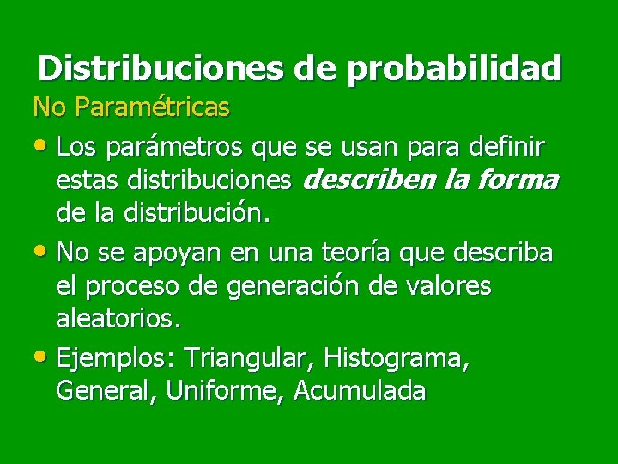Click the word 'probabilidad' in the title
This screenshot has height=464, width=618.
(x=454, y=68)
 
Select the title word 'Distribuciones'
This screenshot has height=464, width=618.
(x=161, y=68)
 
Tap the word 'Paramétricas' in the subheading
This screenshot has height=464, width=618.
(x=152, y=107)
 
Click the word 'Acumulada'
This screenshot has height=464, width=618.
(x=360, y=391)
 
